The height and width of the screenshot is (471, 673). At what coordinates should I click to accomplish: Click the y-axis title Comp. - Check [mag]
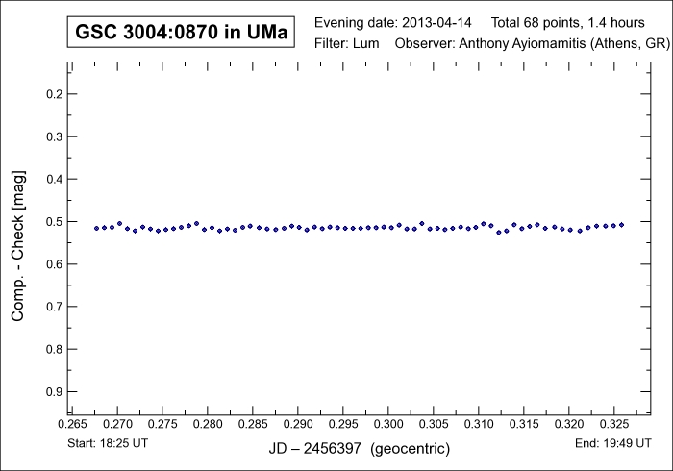click(18, 246)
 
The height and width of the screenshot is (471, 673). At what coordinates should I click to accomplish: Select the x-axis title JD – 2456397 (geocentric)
click(359, 449)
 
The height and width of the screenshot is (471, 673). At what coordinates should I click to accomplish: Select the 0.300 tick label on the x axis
click(388, 424)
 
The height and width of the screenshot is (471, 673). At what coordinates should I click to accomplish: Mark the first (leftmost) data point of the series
click(96, 228)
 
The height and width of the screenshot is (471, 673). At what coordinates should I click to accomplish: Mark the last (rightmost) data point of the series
click(622, 225)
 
